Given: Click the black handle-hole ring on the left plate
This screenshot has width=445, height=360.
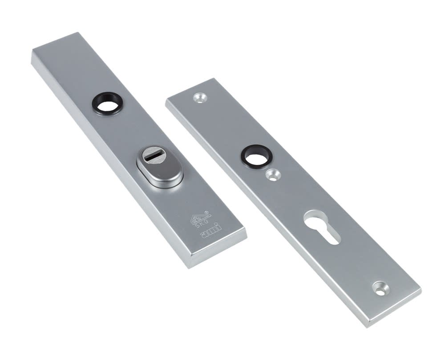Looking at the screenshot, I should tap(108, 103).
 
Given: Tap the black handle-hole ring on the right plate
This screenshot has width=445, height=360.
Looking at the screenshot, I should tap(256, 156).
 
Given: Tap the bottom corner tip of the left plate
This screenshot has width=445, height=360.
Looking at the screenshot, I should tap(190, 266).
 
